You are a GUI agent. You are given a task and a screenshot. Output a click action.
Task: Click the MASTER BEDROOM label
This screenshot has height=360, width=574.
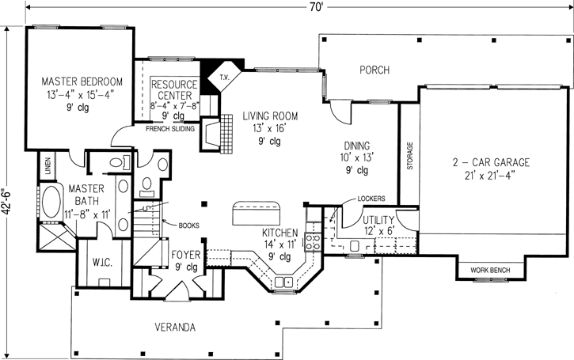[x=82, y=81]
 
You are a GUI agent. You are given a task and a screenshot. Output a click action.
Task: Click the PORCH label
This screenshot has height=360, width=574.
[x=374, y=70]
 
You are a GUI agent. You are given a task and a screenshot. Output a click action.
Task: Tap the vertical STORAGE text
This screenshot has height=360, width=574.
[x=409, y=157]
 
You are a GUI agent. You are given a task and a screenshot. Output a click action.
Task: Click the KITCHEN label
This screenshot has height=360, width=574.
[x=280, y=233]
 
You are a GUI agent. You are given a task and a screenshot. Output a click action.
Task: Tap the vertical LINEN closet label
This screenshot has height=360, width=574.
[x=48, y=166]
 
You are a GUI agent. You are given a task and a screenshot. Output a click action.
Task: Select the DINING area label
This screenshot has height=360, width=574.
[x=358, y=146]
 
